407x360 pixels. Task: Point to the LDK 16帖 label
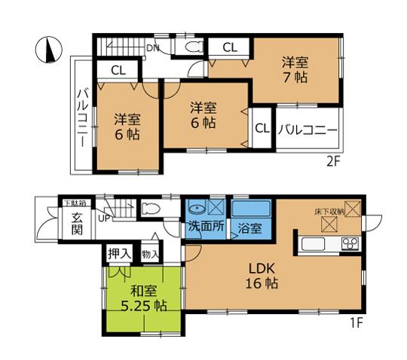262,275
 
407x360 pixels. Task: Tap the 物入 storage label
150,255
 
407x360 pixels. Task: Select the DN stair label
153,49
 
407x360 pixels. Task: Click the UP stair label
104,218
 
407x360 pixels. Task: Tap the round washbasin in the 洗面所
196,209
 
